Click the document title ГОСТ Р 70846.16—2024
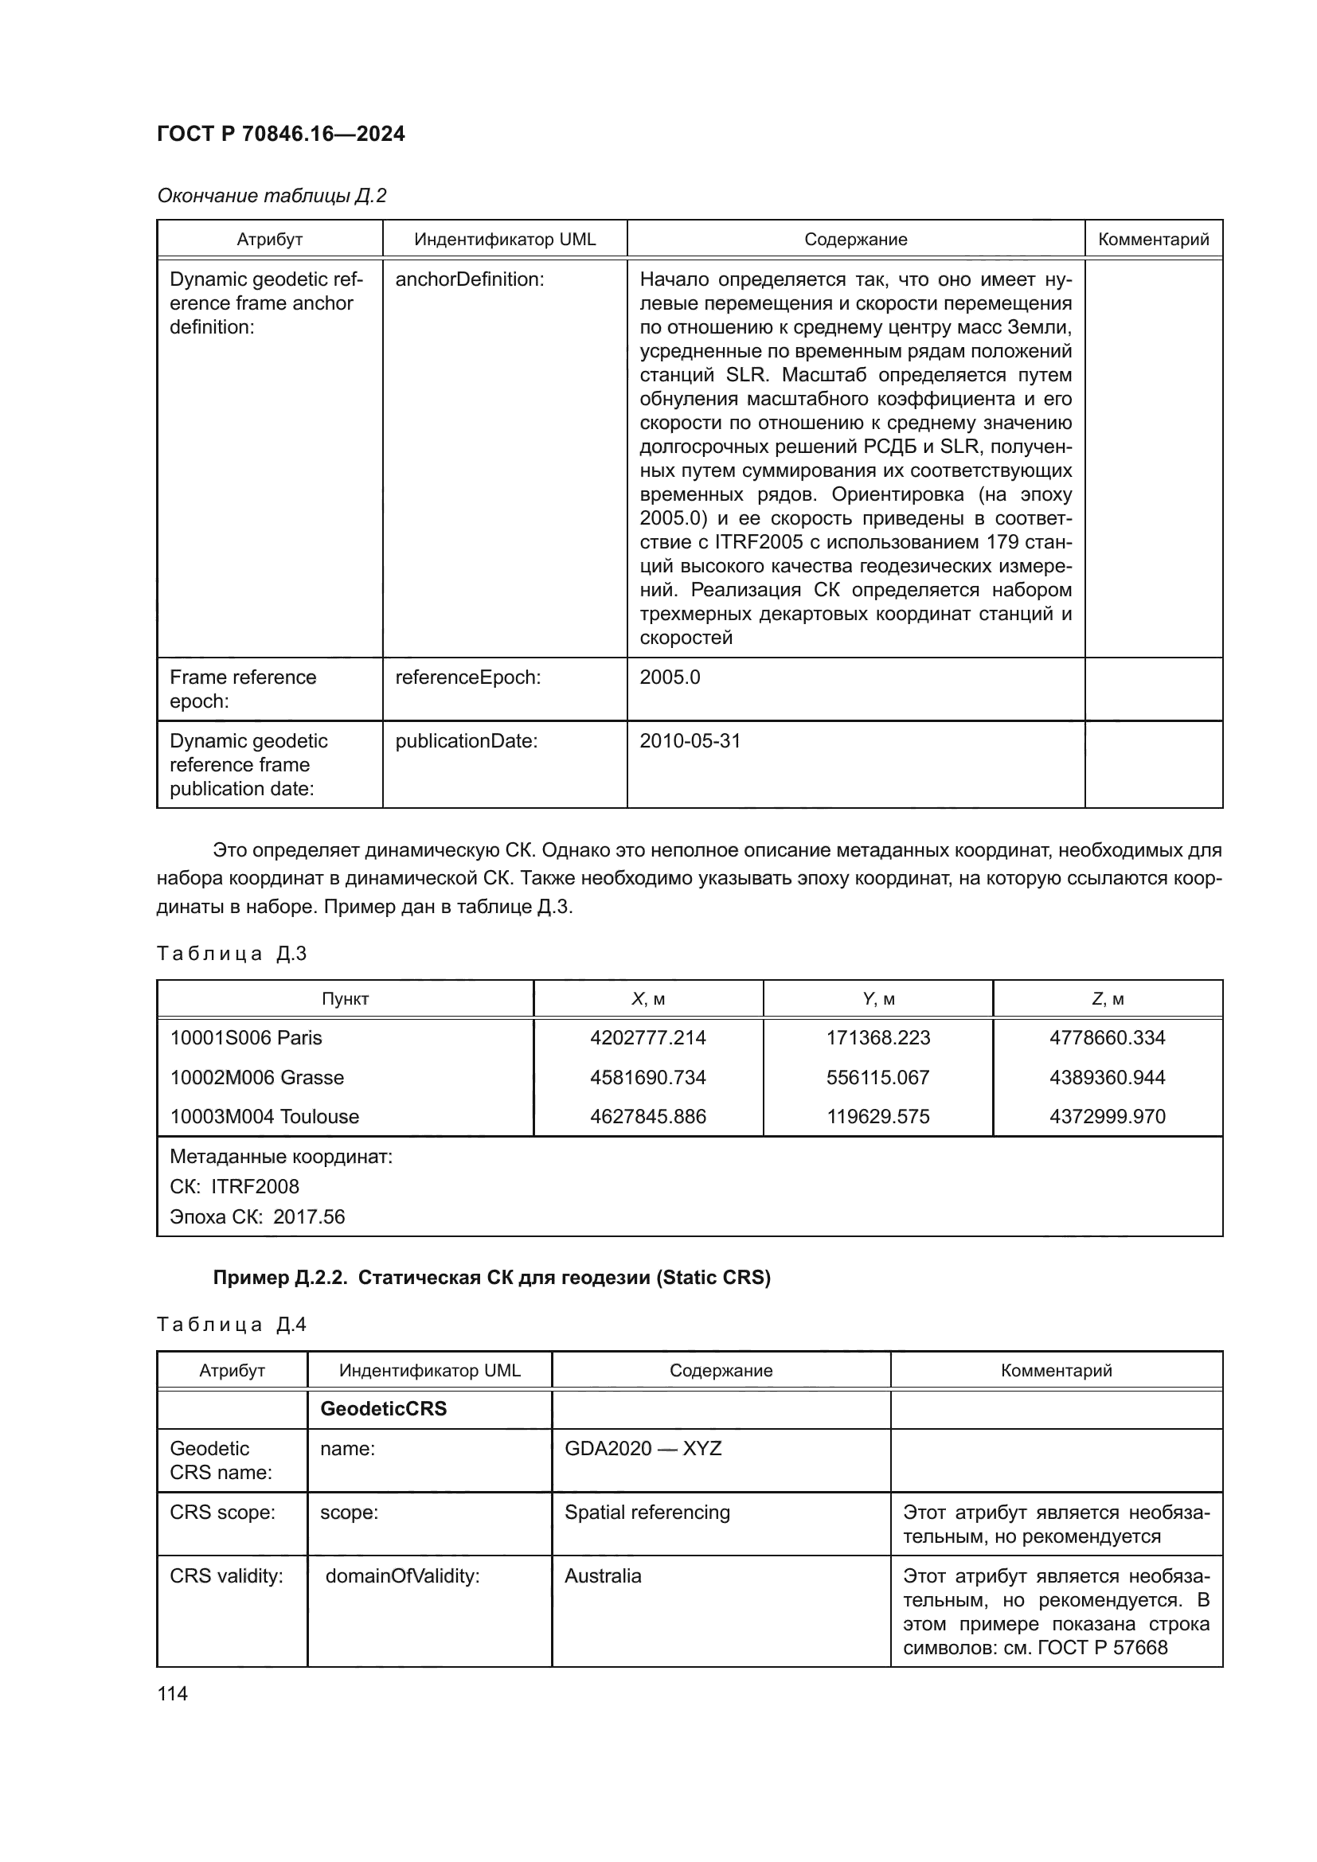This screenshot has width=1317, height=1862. tap(280, 134)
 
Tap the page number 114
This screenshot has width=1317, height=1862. tap(173, 1693)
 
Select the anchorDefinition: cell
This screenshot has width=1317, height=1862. tap(470, 279)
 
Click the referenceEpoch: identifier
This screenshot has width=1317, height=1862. tap(467, 677)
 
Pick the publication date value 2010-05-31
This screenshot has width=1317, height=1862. tap(690, 741)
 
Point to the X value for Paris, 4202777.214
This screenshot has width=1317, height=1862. tap(647, 1038)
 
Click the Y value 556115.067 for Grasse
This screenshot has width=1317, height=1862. tap(877, 1078)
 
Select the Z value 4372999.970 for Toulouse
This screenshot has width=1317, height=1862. tap(1107, 1117)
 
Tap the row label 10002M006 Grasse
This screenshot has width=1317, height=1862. tap(256, 1078)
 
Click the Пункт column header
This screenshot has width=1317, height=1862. tap(345, 999)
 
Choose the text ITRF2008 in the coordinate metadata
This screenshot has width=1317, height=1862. tap(255, 1186)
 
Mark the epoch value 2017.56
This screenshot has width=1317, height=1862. tap(308, 1216)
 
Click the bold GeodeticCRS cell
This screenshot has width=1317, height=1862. tap(383, 1409)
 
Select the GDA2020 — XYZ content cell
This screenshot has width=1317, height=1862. tap(643, 1448)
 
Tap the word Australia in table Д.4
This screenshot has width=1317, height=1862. tap(603, 1575)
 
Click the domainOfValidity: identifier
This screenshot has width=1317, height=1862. tap(402, 1575)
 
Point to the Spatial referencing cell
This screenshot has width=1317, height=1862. tap(647, 1513)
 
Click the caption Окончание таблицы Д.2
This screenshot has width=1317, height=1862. tap(272, 196)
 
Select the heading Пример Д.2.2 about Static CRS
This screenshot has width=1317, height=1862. tap(490, 1278)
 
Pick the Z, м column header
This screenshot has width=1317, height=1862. tap(1107, 999)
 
